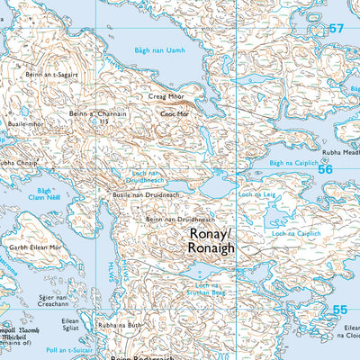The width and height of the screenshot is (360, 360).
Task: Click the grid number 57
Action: pos(337,29)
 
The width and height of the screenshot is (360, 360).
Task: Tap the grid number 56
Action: pos(325,168)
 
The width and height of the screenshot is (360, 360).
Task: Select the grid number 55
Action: pos(338,310)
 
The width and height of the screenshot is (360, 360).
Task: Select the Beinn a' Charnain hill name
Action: pos(96,114)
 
